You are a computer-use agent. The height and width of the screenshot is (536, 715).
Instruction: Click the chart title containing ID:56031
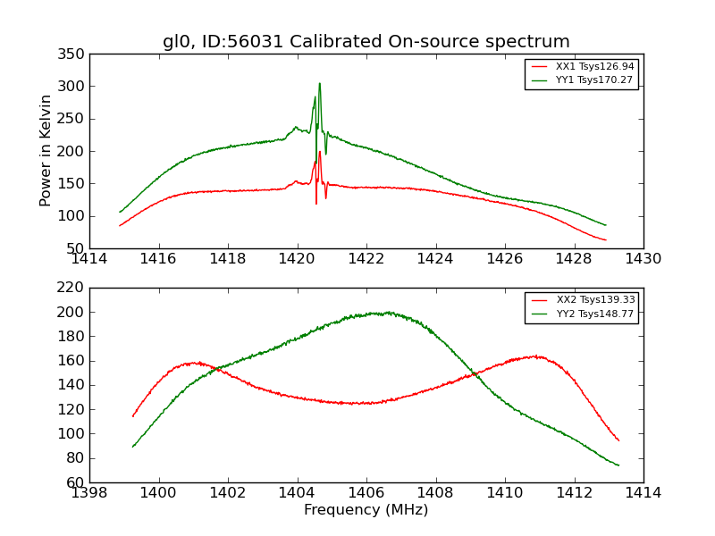pyautogui.click(x=366, y=42)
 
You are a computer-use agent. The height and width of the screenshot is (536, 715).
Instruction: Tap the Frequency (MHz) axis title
pyautogui.click(x=366, y=510)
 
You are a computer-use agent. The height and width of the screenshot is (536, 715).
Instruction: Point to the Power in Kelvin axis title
pyautogui.click(x=46, y=151)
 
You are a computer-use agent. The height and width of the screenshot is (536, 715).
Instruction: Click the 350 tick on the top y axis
pyautogui.click(x=73, y=54)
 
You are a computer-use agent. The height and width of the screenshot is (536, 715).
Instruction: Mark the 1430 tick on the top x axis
pyautogui.click(x=643, y=259)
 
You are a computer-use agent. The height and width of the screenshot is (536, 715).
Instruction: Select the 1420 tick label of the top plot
pyautogui.click(x=297, y=259)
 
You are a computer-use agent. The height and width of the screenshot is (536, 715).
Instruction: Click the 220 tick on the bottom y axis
pyautogui.click(x=73, y=288)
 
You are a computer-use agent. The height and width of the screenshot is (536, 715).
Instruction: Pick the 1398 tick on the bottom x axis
pyautogui.click(x=89, y=493)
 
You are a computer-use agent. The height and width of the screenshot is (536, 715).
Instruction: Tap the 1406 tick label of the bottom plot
pyautogui.click(x=366, y=493)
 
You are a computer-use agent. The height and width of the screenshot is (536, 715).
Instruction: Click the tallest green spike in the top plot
pyautogui.click(x=319, y=84)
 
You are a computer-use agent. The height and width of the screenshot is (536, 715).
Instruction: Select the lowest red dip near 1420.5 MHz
pyautogui.click(x=315, y=203)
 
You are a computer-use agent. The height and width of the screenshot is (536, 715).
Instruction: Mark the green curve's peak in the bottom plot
pyautogui.click(x=386, y=313)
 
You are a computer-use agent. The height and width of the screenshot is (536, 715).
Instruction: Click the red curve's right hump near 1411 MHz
pyautogui.click(x=534, y=356)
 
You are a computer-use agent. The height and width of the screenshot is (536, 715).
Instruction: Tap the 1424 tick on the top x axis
pyautogui.click(x=435, y=259)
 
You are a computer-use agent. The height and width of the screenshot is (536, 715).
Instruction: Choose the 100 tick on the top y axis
pyautogui.click(x=73, y=216)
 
